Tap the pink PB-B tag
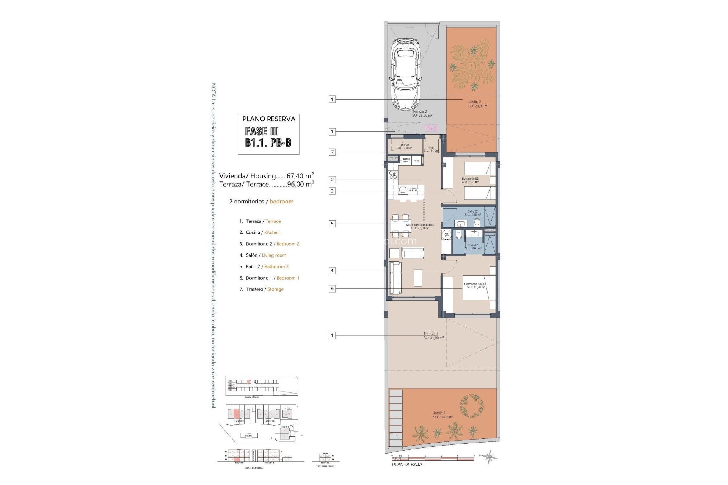(x=431, y=128)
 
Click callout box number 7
(x=332, y=152)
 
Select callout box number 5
(x=332, y=224)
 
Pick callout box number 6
(x=332, y=288)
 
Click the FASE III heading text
(x=262, y=131)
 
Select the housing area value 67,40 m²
(x=300, y=176)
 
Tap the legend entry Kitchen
(x=272, y=232)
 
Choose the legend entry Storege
(x=275, y=289)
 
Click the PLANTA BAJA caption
(x=406, y=464)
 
